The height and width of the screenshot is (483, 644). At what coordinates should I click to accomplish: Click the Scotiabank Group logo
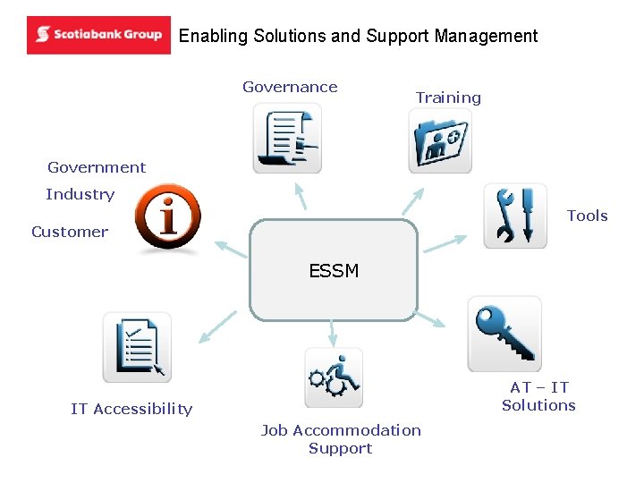pyautogui.click(x=98, y=35)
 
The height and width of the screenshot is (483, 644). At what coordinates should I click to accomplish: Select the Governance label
pyautogui.click(x=290, y=87)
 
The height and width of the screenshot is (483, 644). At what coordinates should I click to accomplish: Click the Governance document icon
pyautogui.click(x=286, y=138)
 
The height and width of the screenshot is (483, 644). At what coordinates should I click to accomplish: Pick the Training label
pyautogui.click(x=448, y=97)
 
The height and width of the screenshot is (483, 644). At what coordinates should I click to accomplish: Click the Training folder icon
pyautogui.click(x=440, y=140)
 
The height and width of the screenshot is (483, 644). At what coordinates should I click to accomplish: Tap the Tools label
pyautogui.click(x=587, y=216)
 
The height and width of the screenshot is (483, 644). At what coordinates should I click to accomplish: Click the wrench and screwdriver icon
pyautogui.click(x=515, y=216)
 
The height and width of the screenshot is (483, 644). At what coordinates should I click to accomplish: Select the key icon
pyautogui.click(x=504, y=334)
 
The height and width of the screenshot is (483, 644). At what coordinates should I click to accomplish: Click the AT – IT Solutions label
pyautogui.click(x=538, y=396)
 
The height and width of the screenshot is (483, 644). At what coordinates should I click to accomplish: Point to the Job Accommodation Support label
pyautogui.click(x=341, y=439)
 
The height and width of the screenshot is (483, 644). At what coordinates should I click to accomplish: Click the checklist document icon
pyautogui.click(x=137, y=348)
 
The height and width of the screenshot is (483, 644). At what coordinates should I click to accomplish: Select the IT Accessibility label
pyautogui.click(x=131, y=409)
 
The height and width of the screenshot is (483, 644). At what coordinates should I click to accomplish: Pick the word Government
pyautogui.click(x=97, y=167)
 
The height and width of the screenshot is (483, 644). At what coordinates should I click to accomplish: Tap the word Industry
pyautogui.click(x=80, y=194)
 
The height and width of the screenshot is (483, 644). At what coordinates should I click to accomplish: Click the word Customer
pyautogui.click(x=70, y=232)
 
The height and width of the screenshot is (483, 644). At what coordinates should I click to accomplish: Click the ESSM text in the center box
pyautogui.click(x=334, y=271)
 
